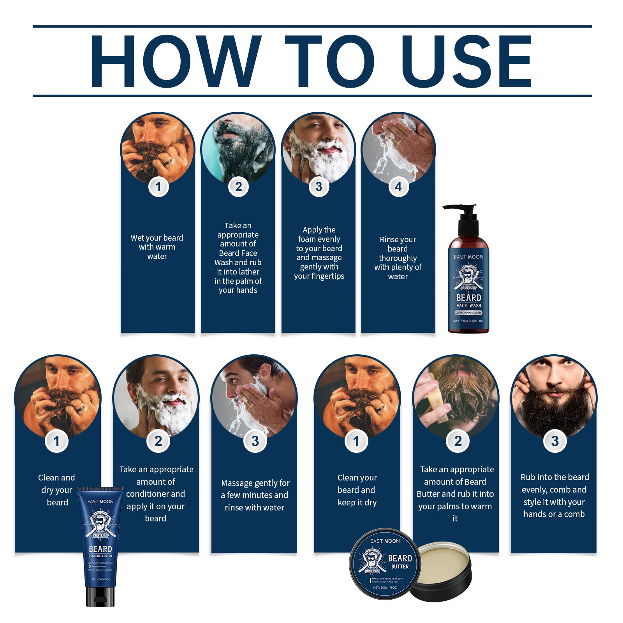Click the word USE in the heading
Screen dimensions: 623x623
(466, 62)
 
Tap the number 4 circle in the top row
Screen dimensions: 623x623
(398, 187)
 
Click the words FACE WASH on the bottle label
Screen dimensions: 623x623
(469, 306)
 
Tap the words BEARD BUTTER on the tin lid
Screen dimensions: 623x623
(400, 561)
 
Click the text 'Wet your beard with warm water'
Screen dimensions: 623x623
(157, 247)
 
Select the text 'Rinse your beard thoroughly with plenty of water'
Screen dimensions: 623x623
(398, 258)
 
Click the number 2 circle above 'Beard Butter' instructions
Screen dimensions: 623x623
(458, 441)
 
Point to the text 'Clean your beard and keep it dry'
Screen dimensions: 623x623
(357, 490)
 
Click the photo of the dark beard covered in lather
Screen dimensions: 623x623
(238, 148)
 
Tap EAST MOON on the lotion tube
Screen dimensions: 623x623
(100, 502)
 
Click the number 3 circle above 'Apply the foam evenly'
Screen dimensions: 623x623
(319, 187)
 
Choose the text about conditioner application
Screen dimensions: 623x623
(156, 494)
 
